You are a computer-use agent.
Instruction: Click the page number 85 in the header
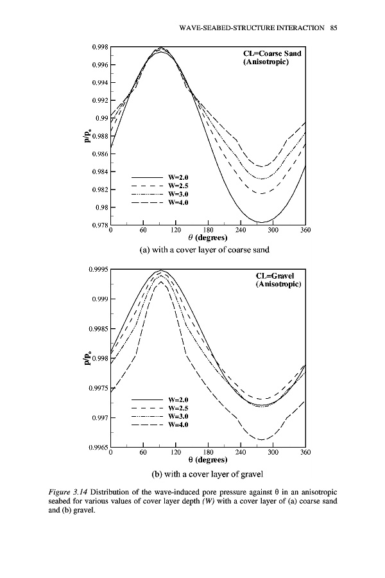(x=334, y=28)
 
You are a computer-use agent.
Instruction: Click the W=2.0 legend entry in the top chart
(x=178, y=177)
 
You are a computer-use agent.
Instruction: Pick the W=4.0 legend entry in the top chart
(x=178, y=203)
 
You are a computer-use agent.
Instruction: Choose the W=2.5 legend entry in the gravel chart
(x=178, y=408)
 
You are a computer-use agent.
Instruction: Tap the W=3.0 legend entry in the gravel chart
(x=178, y=416)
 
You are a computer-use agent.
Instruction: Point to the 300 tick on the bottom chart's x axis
(x=273, y=452)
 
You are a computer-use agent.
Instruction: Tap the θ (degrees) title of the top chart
(x=207, y=238)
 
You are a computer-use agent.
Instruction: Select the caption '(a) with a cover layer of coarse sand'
(x=207, y=250)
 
